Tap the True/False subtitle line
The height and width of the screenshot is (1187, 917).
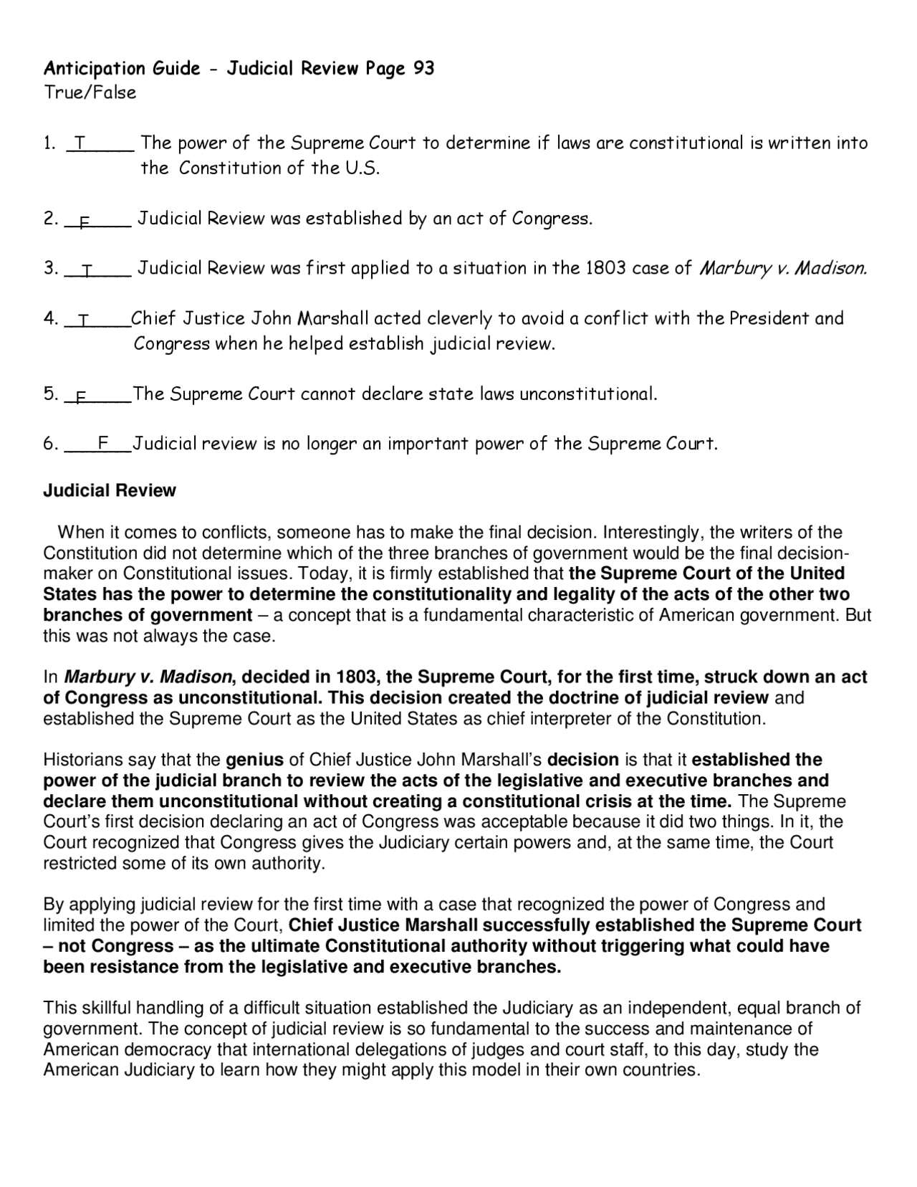90,92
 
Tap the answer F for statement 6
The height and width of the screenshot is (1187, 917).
102,444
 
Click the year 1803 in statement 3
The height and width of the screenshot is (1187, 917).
605,268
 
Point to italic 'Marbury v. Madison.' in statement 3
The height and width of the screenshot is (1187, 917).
783,269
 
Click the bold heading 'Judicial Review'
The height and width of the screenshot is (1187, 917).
110,490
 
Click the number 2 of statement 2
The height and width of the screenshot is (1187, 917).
49,219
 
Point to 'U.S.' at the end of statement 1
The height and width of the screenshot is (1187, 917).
358,168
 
